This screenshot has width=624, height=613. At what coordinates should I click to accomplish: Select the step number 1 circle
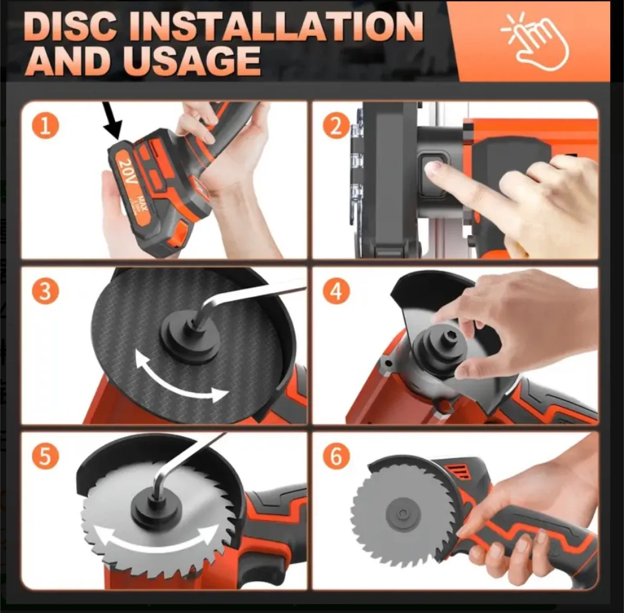pyautogui.click(x=45, y=126)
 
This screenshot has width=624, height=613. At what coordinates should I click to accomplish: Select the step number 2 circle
pyautogui.click(x=336, y=126)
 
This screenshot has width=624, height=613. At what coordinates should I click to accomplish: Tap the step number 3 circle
pyautogui.click(x=45, y=291)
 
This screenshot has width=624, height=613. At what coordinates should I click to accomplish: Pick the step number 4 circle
pyautogui.click(x=336, y=291)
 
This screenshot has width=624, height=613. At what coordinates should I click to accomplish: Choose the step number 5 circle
pyautogui.click(x=45, y=456)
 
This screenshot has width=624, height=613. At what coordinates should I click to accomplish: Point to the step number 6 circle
pyautogui.click(x=336, y=456)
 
